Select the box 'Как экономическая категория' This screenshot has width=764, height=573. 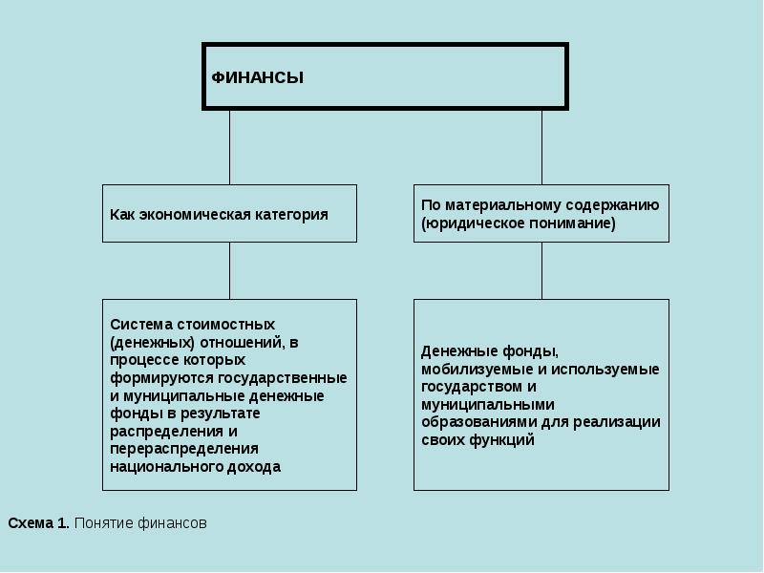click(229, 213)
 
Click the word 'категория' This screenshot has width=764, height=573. click(290, 214)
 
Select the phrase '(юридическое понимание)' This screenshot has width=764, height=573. click(519, 223)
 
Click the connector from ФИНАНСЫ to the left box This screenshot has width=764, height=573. click(229, 147)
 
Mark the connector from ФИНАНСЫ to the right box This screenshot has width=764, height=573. click(541, 147)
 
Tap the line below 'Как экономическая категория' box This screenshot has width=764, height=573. click(229, 270)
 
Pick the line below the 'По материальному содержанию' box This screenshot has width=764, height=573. click(541, 270)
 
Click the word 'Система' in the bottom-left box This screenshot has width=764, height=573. click(138, 324)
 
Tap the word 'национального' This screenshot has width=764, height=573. click(158, 467)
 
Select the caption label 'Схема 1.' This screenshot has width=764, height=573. click(38, 523)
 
